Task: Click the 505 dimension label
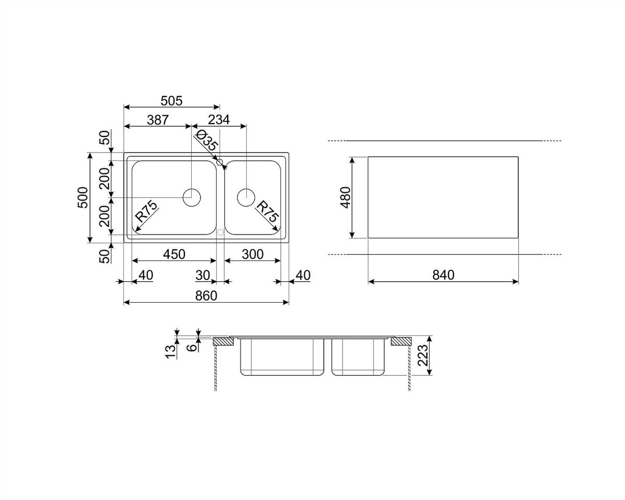point(171,101)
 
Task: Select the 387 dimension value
point(158,120)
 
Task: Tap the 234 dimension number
point(219,119)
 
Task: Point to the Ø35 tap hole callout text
point(207,141)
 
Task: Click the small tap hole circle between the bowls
point(220,162)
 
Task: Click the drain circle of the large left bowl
point(192,197)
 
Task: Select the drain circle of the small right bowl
point(246,197)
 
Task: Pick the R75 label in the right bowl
point(267,211)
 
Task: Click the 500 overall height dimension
point(83,197)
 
